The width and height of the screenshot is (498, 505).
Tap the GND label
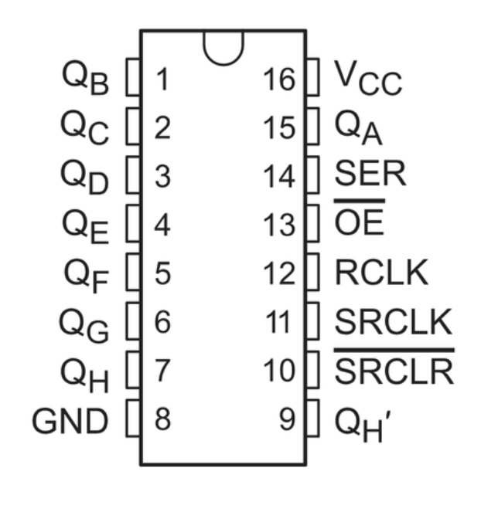(x=72, y=422)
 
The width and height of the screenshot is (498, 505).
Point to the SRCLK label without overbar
(x=393, y=323)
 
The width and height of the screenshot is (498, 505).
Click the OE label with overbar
(x=358, y=224)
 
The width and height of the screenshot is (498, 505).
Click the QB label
(x=86, y=78)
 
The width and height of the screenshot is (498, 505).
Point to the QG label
(x=86, y=325)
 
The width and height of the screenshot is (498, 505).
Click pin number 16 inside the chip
(x=279, y=78)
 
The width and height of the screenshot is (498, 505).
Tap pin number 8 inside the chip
(x=162, y=422)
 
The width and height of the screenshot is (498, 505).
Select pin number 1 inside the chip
(x=162, y=78)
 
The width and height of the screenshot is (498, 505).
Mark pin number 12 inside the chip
(x=279, y=273)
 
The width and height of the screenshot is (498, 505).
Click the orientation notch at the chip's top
(x=222, y=46)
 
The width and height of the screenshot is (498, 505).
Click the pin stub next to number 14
(x=312, y=175)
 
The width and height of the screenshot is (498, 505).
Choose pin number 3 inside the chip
(x=162, y=176)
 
